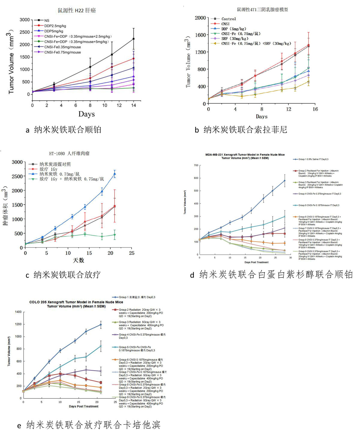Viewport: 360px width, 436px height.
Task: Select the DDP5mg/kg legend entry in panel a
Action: click(x=54, y=31)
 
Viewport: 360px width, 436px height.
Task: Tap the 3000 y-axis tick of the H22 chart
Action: click(x=25, y=20)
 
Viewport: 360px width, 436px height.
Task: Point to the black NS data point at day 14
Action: click(x=133, y=39)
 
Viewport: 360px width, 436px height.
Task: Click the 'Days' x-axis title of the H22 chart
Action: click(x=86, y=114)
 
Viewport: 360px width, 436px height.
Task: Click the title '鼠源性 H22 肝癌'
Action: click(x=77, y=11)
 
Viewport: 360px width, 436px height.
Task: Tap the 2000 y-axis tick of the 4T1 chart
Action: click(x=200, y=18)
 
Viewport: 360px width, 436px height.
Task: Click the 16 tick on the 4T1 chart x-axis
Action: click(x=315, y=109)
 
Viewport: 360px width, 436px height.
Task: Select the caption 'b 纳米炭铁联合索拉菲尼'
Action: click(x=241, y=130)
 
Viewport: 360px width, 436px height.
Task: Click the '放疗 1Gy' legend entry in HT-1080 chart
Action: click(x=48, y=169)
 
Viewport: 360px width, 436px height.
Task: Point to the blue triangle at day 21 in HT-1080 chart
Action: click(x=115, y=174)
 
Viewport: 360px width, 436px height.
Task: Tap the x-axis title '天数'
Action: click(x=79, y=260)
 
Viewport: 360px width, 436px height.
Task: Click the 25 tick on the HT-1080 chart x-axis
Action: click(x=132, y=253)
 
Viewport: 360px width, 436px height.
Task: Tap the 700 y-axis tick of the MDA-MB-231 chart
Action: click(x=196, y=165)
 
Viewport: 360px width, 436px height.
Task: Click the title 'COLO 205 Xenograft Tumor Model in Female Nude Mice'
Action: click(x=76, y=302)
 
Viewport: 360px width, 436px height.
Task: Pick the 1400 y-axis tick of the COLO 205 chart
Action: click(x=18, y=312)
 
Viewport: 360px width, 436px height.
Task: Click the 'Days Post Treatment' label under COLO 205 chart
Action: click(x=84, y=406)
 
